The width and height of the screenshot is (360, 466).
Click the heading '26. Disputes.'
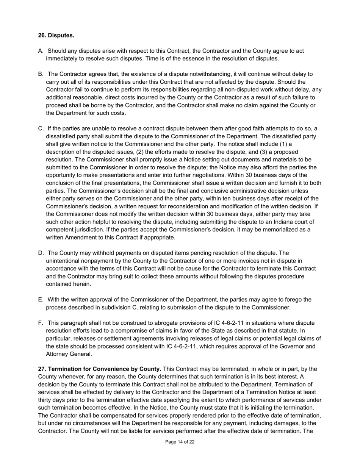(56, 35)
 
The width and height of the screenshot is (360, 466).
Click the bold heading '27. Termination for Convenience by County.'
(100, 369)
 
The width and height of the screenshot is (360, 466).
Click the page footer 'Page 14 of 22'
(180, 442)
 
